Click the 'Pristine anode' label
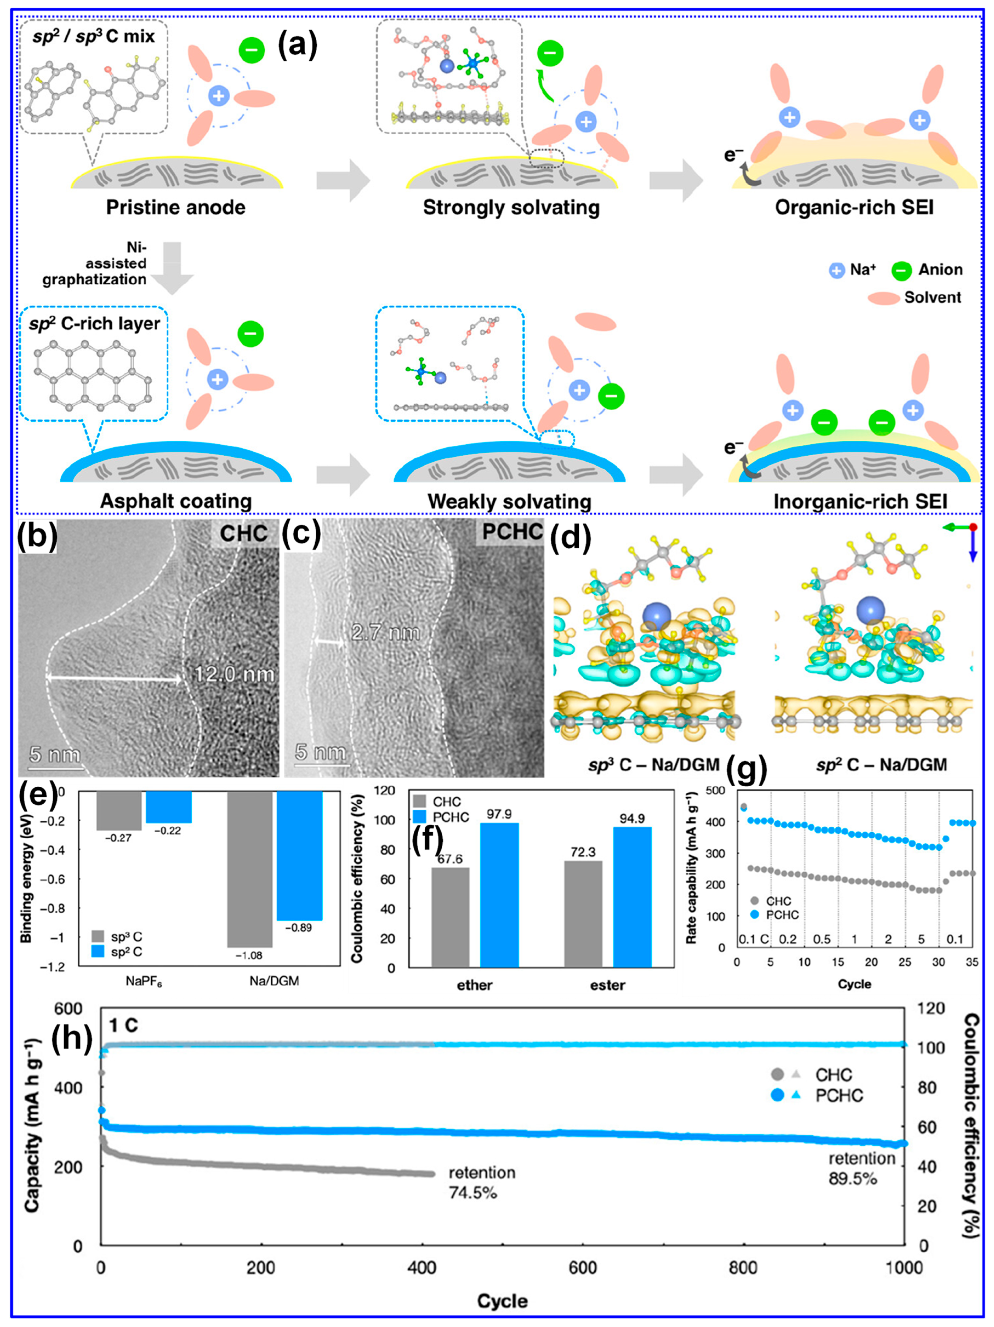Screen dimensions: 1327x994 (176, 208)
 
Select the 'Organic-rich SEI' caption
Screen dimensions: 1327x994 (854, 208)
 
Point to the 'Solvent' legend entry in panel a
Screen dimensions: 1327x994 (933, 297)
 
